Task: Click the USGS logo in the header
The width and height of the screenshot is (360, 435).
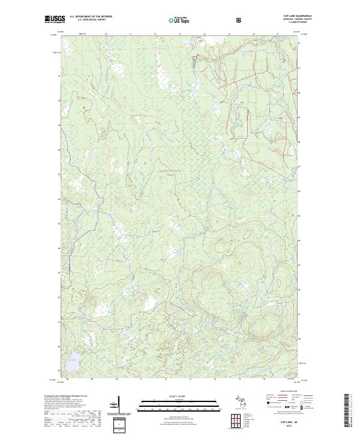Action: [54, 20]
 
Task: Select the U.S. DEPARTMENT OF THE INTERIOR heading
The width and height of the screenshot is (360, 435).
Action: [91, 16]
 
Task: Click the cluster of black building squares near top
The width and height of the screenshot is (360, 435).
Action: [194, 59]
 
